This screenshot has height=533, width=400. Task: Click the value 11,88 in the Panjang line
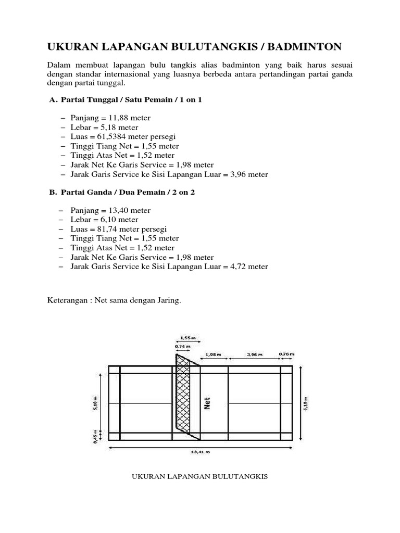coord(115,118)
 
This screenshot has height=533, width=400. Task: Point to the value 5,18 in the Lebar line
coord(106,128)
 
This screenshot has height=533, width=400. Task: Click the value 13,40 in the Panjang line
coord(115,211)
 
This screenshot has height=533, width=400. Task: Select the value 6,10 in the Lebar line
coord(106,220)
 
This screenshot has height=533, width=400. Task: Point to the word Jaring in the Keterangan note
coord(168,300)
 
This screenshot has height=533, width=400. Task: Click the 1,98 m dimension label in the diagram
coord(214,354)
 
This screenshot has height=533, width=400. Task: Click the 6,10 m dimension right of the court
coord(305,401)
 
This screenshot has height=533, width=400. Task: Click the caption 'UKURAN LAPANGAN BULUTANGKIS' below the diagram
coord(201,476)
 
